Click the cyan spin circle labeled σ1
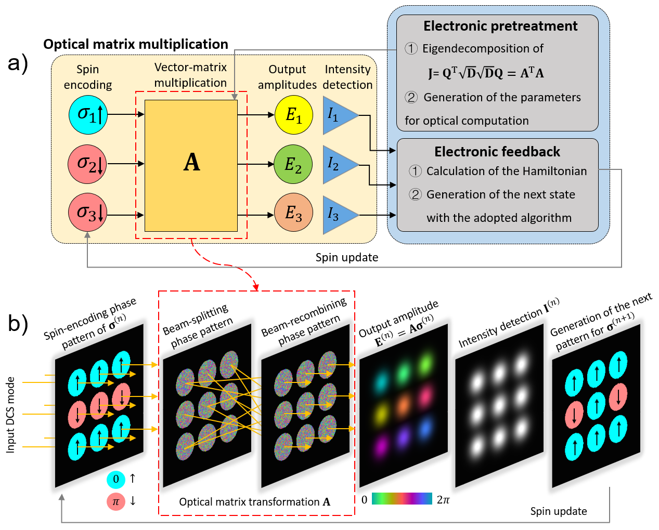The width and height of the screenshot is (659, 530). point(88,114)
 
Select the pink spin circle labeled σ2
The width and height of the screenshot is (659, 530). point(87,164)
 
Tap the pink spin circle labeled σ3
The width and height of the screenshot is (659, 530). point(87,213)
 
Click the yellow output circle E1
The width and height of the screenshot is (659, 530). point(294,115)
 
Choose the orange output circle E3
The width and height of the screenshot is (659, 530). point(294,213)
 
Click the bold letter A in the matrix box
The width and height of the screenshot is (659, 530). point(191,163)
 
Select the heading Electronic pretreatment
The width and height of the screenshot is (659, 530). point(500,26)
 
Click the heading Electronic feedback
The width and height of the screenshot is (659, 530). point(497,152)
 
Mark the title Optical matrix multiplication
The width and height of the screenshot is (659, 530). point(136,44)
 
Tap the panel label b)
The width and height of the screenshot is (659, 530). point(18,323)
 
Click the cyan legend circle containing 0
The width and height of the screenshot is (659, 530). point(116,479)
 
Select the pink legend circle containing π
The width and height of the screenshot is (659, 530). point(116,501)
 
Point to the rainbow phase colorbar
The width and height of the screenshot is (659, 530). point(402,499)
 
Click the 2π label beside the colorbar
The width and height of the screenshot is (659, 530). point(443,500)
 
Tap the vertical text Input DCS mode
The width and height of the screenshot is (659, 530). point(10,415)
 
